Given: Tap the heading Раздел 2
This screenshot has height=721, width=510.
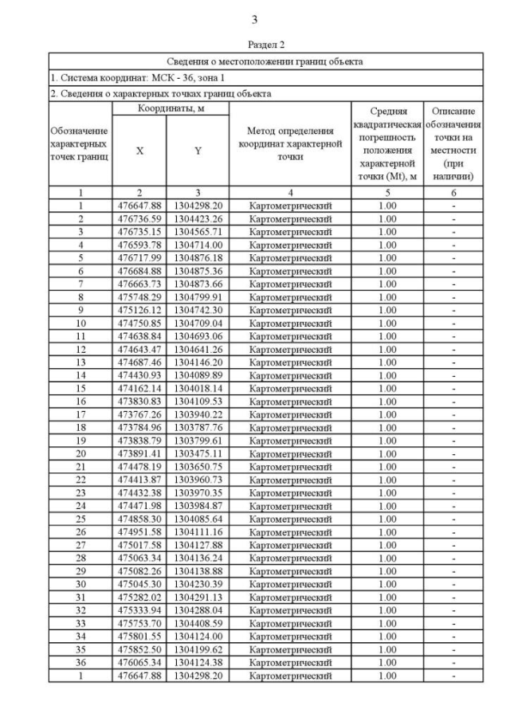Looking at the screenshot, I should [x=265, y=45].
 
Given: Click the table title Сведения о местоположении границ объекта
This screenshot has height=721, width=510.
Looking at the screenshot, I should [x=265, y=61].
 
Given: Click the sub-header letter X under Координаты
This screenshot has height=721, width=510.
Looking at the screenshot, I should [x=139, y=151].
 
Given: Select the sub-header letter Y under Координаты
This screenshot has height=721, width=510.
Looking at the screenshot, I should [x=198, y=151].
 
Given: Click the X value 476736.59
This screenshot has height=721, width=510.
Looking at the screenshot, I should [x=139, y=219].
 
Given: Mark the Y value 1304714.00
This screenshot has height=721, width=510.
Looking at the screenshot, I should [x=198, y=245].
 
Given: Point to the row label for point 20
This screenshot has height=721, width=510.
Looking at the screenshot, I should [x=80, y=453].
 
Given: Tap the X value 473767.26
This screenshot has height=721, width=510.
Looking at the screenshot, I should [x=139, y=414].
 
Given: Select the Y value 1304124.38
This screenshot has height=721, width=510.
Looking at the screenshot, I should [x=198, y=662].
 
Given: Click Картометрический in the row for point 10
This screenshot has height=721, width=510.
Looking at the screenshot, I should [x=290, y=323].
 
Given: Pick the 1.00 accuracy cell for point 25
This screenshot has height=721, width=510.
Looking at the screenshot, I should [x=386, y=519].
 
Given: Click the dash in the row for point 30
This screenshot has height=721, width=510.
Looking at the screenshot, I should [x=453, y=584].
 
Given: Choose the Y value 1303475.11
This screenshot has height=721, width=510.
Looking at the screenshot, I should [x=198, y=453].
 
